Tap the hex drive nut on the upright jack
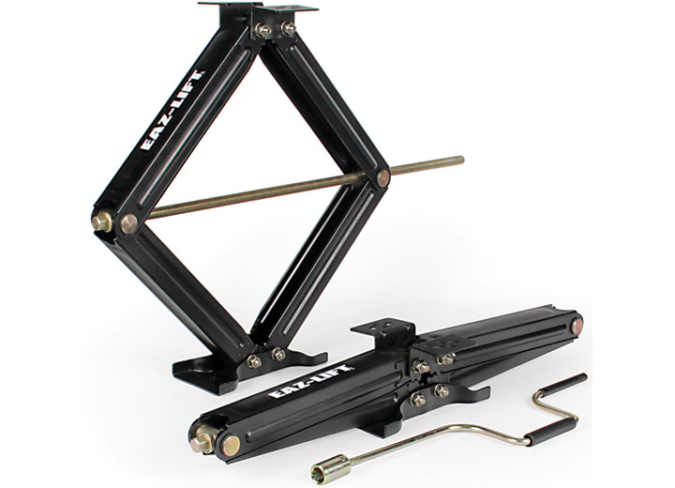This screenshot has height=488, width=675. (102, 221)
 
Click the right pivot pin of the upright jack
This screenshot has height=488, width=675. (383, 177)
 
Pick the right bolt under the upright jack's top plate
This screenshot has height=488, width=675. (289, 29)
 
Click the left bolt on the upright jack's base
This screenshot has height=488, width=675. (254, 360)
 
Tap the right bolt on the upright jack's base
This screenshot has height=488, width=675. (278, 354)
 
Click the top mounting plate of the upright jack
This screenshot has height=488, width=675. (258, 9)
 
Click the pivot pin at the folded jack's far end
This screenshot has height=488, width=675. (577, 325)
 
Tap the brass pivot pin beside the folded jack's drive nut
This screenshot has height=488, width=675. (230, 444)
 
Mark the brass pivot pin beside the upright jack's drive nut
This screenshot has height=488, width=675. (129, 223)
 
